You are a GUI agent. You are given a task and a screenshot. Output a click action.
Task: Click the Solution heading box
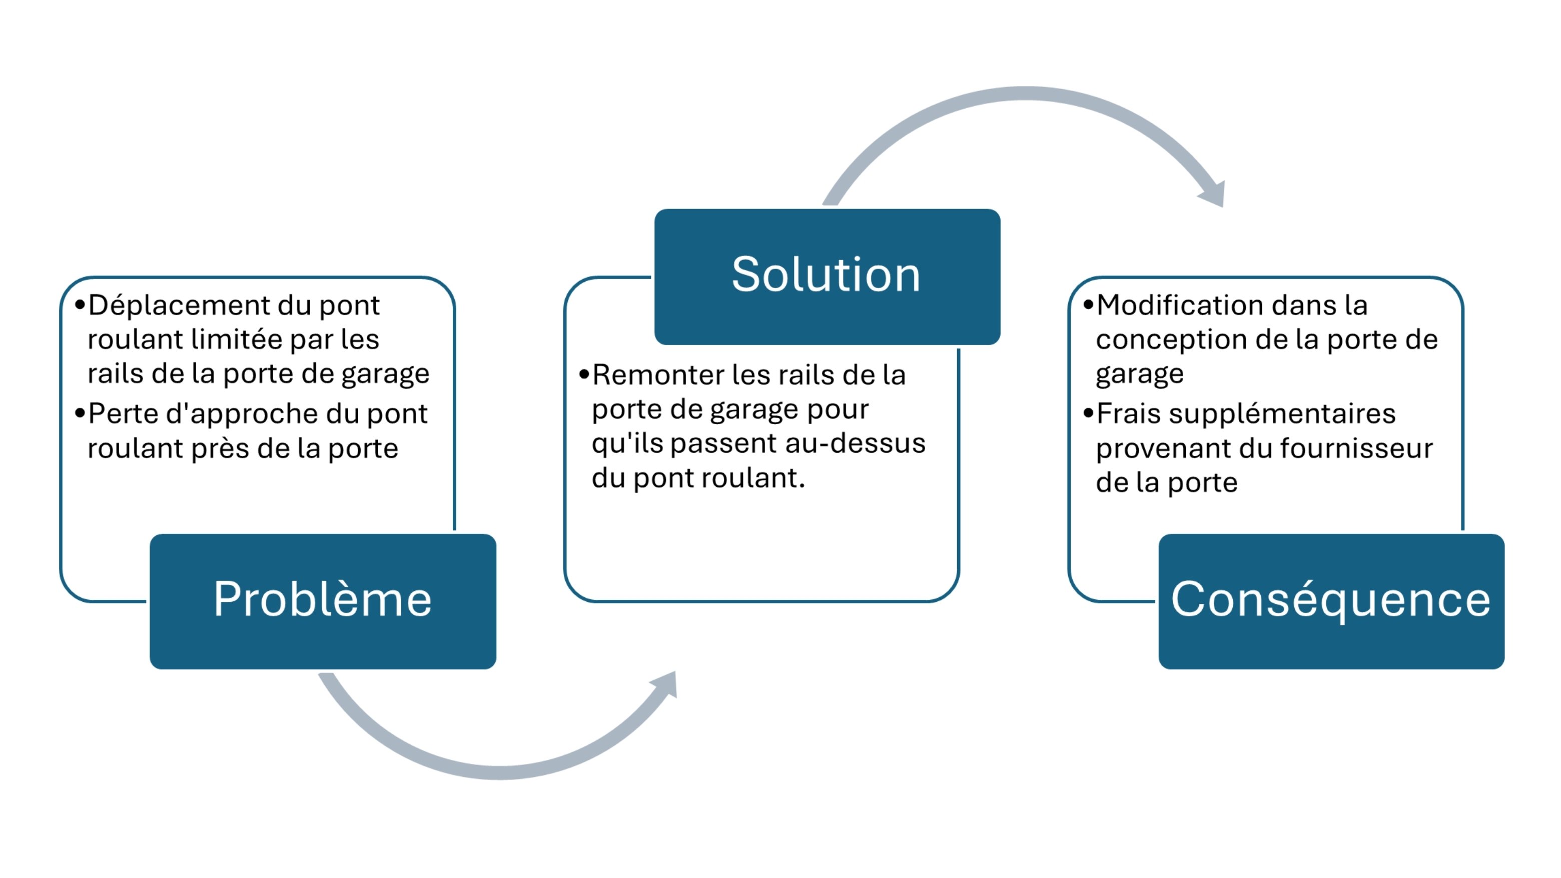click(827, 276)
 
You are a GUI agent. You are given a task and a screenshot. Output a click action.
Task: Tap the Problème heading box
click(322, 601)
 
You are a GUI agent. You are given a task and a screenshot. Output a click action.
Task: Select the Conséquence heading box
click(1331, 601)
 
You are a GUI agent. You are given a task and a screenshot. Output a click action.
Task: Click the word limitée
click(237, 339)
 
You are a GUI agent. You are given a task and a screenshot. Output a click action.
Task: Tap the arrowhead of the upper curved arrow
click(1214, 195)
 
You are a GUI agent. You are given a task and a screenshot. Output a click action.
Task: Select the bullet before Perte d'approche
click(80, 414)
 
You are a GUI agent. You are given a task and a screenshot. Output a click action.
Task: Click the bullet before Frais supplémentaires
click(1088, 414)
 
